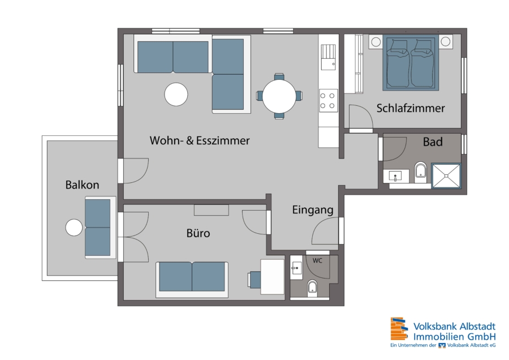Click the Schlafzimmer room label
click(x=411, y=108)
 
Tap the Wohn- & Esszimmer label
click(x=200, y=140)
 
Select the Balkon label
click(x=82, y=185)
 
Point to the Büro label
click(x=198, y=233)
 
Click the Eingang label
click(x=313, y=210)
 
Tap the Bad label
click(x=433, y=142)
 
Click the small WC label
click(x=317, y=260)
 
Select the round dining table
click(x=279, y=96)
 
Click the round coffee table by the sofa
click(x=176, y=95)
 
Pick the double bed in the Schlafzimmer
click(x=411, y=63)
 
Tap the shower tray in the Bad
click(x=446, y=176)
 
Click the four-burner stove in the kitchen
click(x=327, y=101)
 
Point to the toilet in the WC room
click(x=312, y=288)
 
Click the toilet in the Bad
click(x=420, y=172)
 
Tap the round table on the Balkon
click(x=74, y=228)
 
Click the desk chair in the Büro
click(x=255, y=280)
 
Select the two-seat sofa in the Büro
click(x=192, y=280)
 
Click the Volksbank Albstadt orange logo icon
click(x=399, y=329)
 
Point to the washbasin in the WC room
click(x=296, y=268)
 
